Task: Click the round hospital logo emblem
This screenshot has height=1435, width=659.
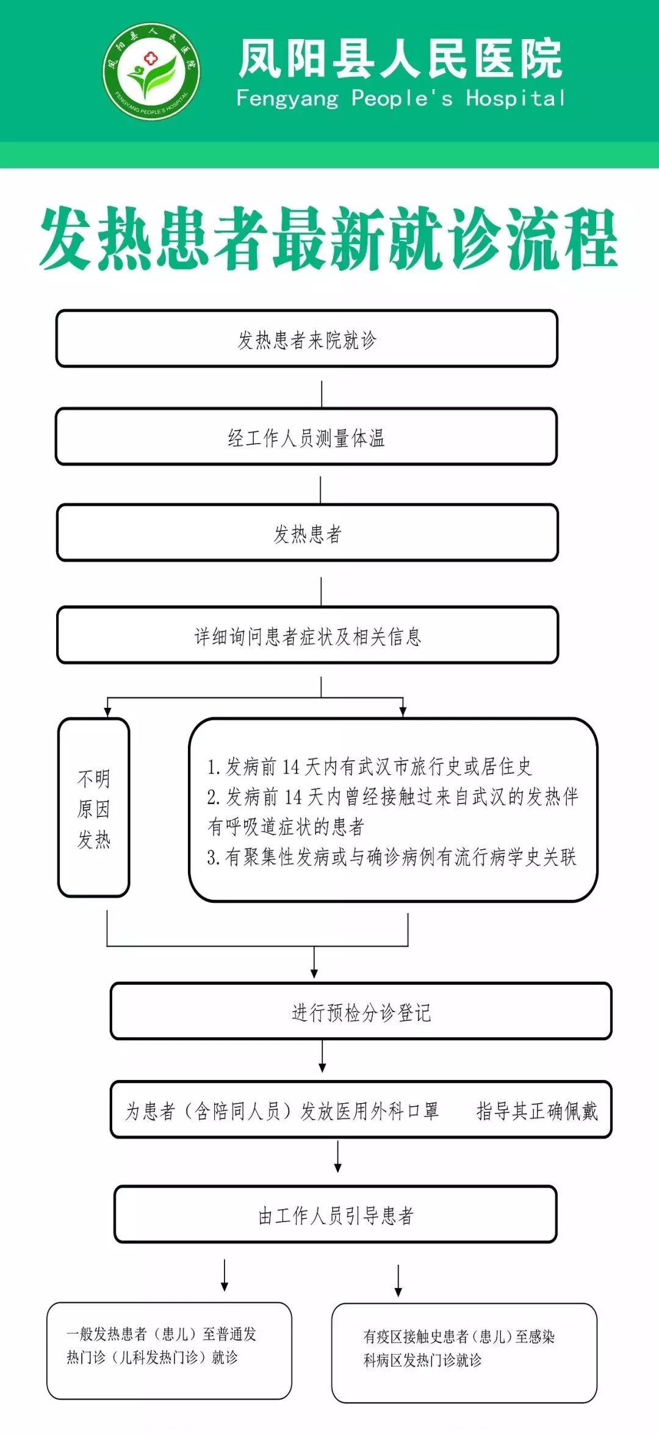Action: (151, 71)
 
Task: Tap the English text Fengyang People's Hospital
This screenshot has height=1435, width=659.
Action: (401, 98)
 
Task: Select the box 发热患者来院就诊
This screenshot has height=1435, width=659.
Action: (307, 339)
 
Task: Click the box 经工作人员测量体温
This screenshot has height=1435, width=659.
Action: (306, 437)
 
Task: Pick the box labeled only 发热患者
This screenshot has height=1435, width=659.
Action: (308, 533)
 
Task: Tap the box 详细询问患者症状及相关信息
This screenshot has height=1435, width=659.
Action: (308, 635)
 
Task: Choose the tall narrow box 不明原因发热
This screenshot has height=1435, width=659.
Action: (94, 808)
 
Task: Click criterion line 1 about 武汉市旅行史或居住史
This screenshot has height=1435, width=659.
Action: (370, 766)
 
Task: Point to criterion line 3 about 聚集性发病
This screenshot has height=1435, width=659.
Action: (392, 857)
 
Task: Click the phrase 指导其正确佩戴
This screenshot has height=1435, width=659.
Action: (537, 1110)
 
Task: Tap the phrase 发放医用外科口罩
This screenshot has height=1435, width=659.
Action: (370, 1110)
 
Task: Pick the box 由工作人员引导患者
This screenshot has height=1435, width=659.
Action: (336, 1214)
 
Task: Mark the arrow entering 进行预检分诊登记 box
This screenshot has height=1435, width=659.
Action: (314, 962)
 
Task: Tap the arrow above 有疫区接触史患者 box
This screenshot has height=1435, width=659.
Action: (398, 1281)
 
